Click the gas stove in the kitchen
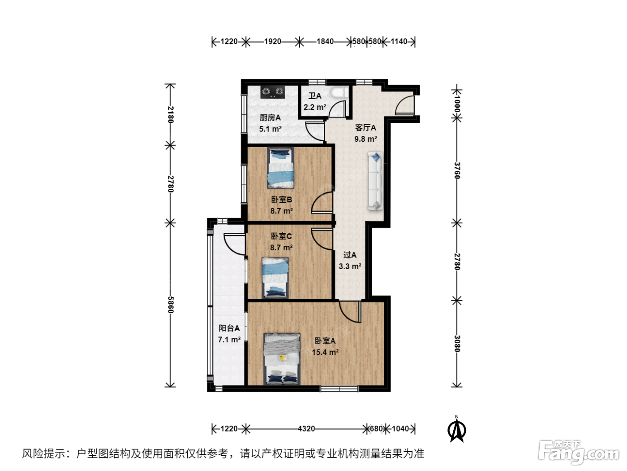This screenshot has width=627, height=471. (272, 92)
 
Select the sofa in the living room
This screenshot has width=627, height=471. (375, 181)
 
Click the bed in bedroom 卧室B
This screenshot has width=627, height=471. (280, 168)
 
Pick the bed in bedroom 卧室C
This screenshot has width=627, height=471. (275, 278)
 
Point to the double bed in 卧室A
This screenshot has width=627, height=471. (282, 359)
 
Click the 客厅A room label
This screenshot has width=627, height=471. (365, 127)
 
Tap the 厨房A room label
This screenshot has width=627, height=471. (270, 118)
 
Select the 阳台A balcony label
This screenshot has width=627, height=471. (229, 328)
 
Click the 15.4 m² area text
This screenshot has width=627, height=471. (325, 352)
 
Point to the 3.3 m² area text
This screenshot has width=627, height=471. (350, 266)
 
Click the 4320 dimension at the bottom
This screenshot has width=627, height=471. (306, 429)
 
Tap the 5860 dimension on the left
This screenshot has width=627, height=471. (170, 305)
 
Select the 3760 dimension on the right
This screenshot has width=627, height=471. (457, 170)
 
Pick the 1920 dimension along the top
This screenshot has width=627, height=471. (272, 41)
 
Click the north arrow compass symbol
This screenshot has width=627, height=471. (457, 430)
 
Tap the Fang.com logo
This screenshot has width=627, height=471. (579, 453)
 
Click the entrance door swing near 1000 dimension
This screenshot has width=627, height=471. (405, 105)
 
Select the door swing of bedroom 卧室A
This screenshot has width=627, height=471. (350, 312)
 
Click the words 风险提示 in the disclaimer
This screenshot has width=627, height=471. (43, 454)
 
